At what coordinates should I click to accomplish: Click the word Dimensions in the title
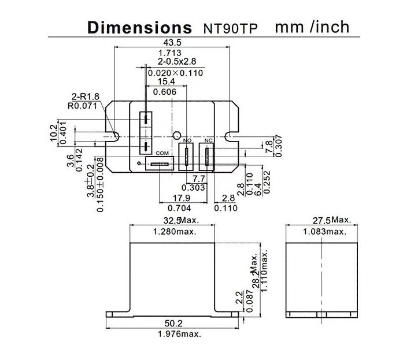139,27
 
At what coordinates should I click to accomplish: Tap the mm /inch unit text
312,27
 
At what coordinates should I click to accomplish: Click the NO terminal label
186,141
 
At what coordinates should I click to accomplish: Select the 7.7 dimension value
198,179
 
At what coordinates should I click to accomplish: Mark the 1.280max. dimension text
174,231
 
